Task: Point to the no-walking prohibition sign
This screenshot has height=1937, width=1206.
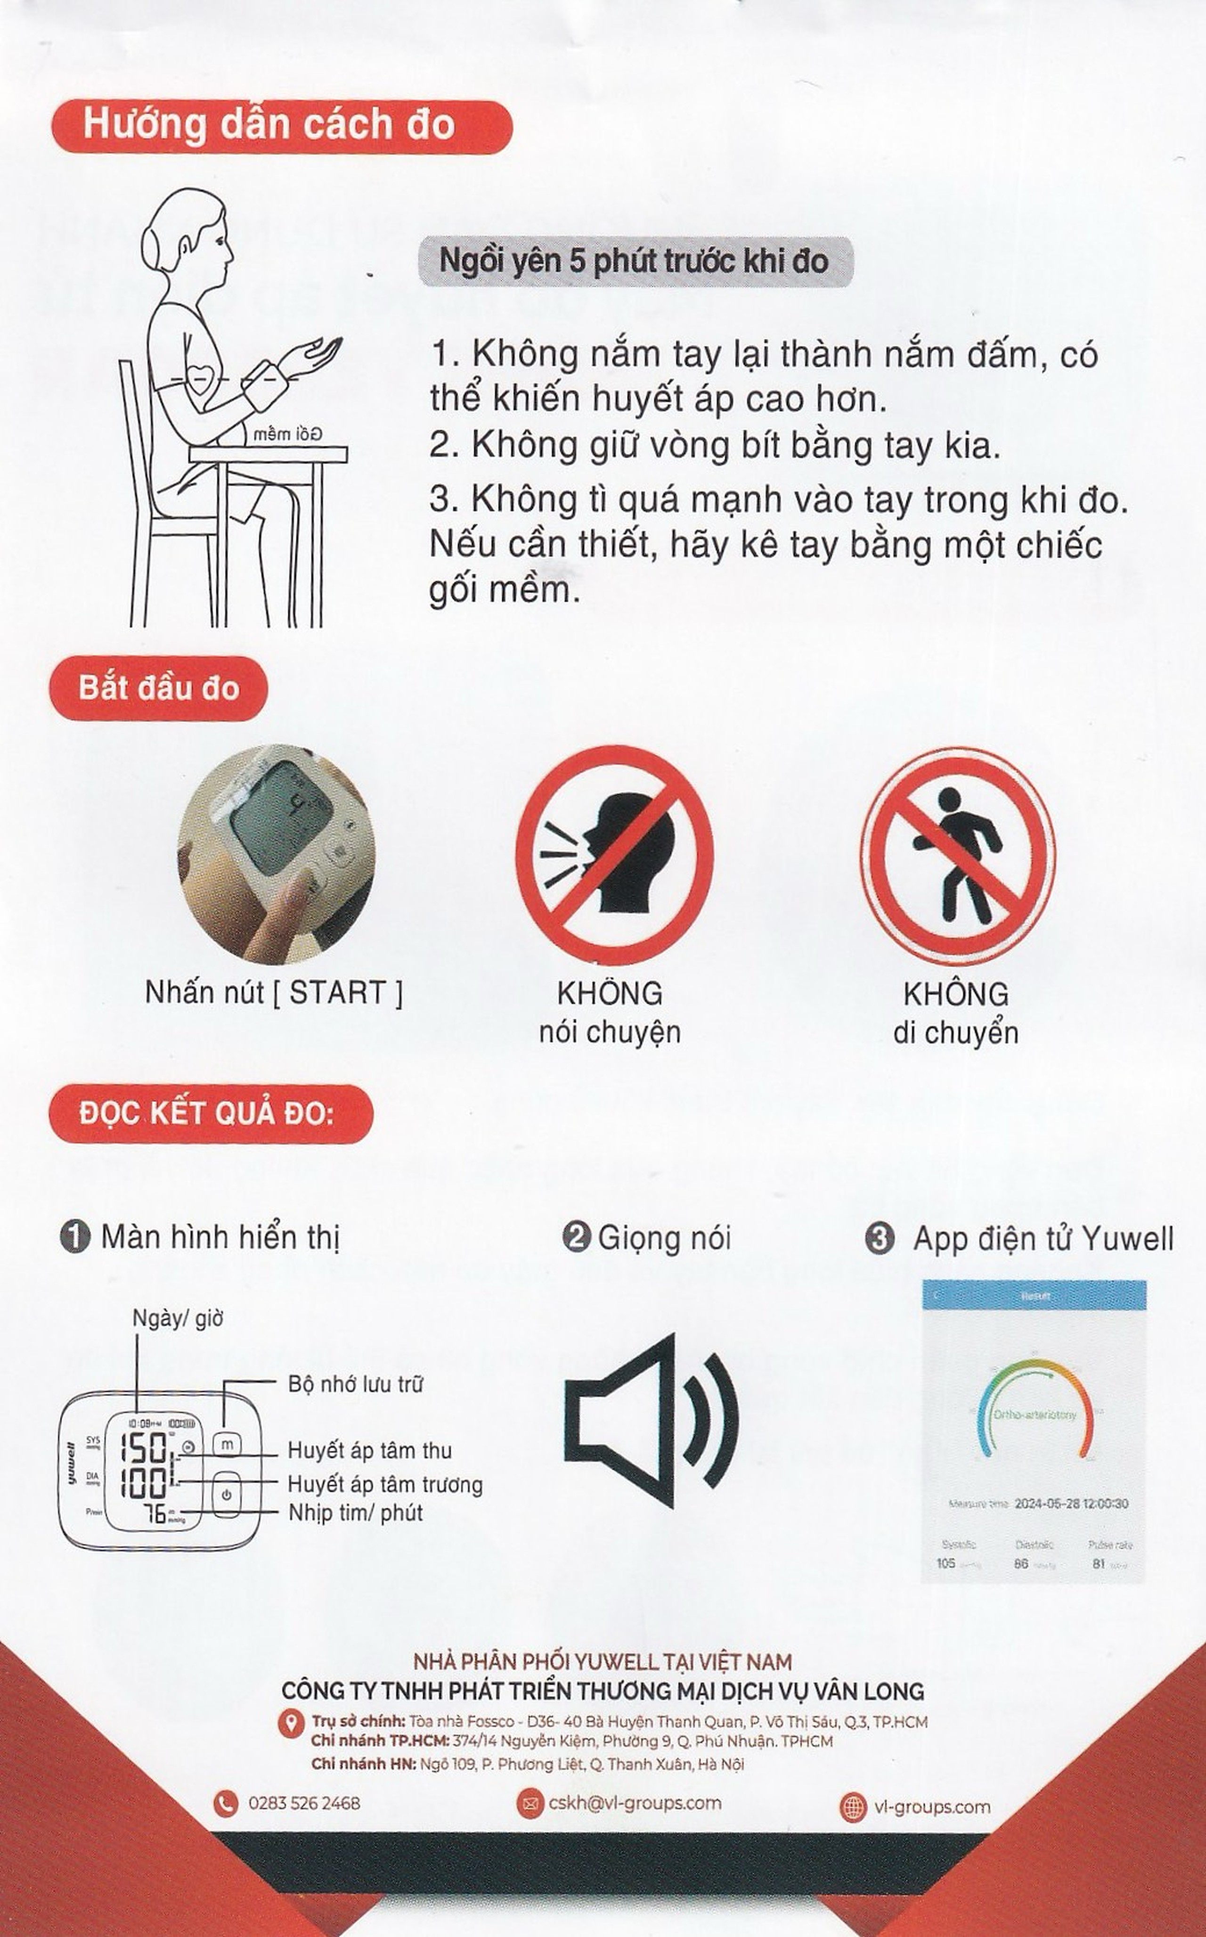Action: coord(957,854)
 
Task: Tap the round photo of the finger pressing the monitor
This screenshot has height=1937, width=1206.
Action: coord(275,854)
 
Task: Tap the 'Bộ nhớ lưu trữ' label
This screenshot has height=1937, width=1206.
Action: coord(355,1384)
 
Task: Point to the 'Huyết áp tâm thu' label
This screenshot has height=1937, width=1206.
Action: coord(369,1450)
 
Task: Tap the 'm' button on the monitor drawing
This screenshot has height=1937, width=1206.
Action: coord(227,1445)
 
